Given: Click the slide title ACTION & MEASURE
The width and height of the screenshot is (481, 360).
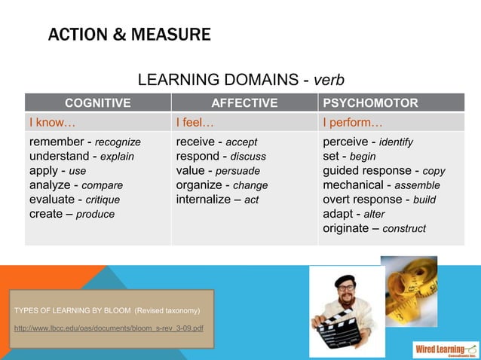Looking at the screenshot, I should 129,35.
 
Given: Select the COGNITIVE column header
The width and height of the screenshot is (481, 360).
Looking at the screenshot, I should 97,103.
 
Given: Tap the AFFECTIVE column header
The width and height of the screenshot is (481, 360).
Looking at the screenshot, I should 244,103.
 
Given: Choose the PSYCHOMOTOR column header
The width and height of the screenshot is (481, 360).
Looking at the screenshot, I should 370,103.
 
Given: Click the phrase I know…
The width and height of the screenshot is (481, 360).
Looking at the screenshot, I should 51,122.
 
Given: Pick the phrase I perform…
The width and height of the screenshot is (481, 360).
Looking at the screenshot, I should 353,122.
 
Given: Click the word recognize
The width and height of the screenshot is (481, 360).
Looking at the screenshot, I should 118,142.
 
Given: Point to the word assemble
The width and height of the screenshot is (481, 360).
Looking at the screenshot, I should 418,185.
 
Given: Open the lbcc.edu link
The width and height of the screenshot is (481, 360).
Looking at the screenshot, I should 109,328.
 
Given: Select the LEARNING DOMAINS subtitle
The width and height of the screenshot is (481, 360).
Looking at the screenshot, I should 240,80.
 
